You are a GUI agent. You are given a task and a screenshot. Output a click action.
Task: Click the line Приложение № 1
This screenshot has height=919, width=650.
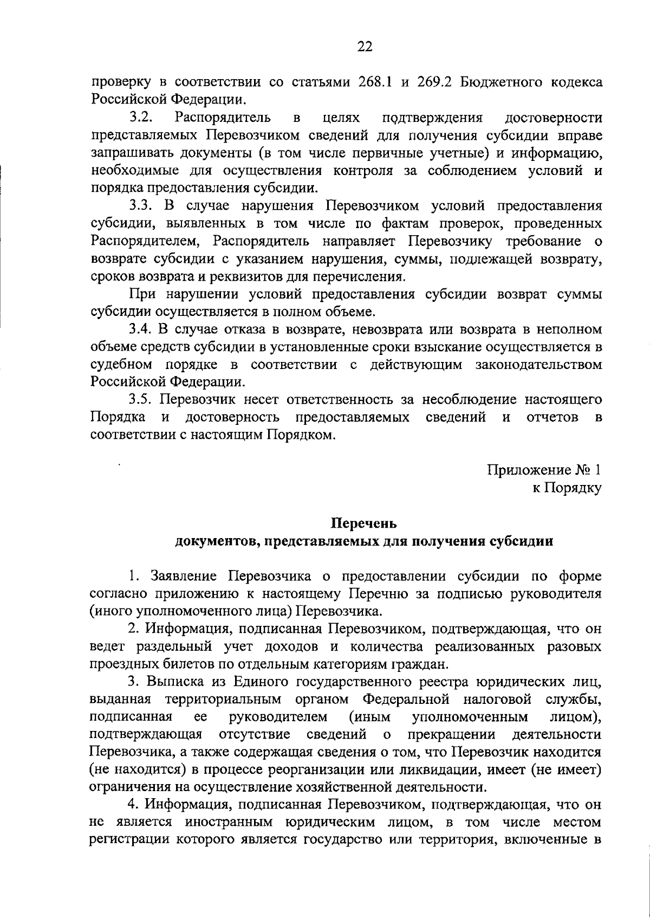pos(544,470)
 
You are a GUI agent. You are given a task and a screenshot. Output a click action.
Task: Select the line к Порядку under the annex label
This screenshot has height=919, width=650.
pos(567,488)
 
